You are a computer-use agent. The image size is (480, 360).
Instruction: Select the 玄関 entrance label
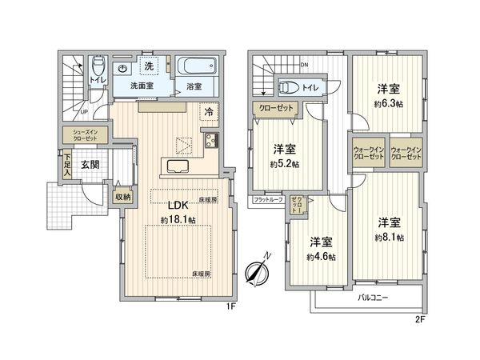click(90, 165)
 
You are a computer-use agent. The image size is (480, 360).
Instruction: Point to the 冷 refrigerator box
click(208, 113)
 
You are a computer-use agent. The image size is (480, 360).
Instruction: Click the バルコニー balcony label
click(372, 298)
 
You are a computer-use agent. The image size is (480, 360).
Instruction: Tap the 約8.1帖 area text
click(389, 238)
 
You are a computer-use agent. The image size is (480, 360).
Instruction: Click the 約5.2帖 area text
click(284, 163)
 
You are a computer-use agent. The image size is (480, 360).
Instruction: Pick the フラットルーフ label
click(268, 198)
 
